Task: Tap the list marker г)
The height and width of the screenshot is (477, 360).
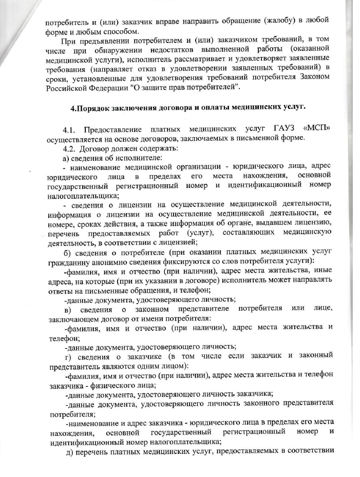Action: (66, 357)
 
